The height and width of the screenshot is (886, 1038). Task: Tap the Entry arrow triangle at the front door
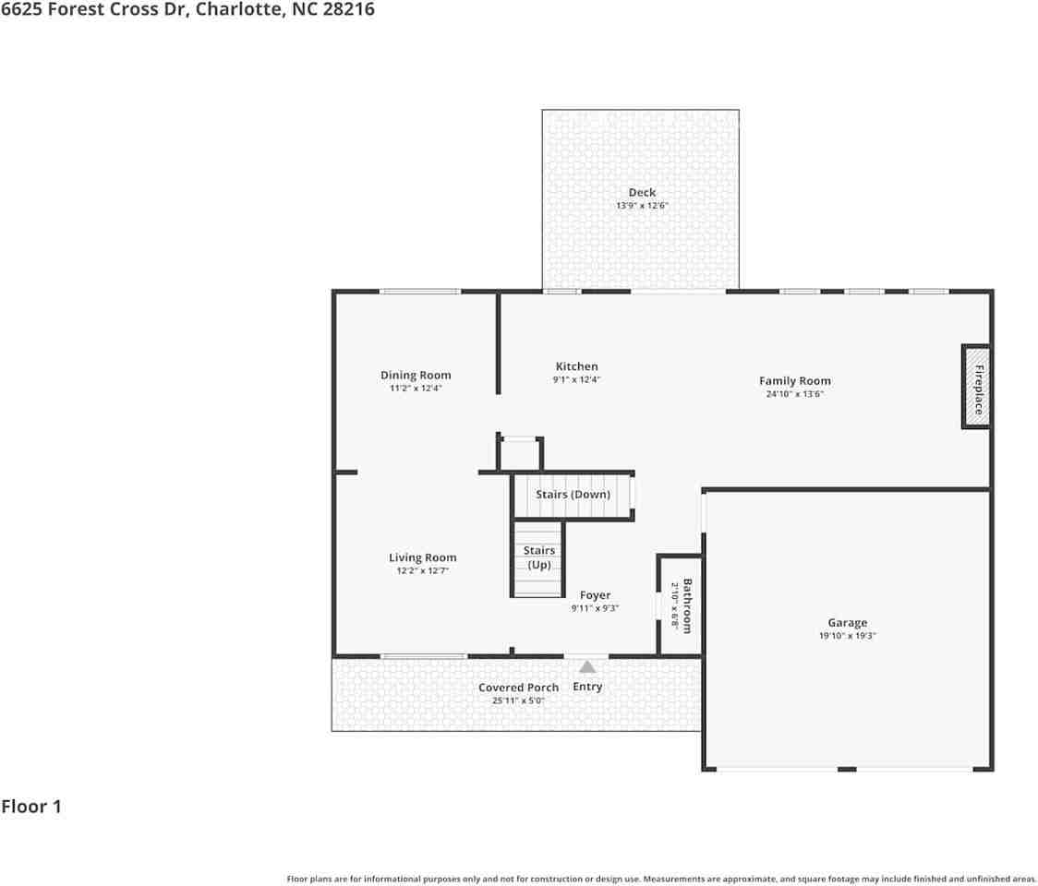587,666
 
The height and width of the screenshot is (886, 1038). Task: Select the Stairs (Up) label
539,557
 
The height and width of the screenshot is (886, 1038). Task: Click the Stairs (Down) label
573,495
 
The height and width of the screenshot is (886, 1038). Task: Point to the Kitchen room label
576,366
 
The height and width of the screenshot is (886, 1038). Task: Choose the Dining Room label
416,375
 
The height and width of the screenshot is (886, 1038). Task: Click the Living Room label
422,557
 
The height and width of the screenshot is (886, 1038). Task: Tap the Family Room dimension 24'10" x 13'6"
794,394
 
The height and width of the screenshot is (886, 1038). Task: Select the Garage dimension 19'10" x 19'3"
847,636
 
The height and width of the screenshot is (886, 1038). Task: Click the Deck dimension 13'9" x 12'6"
642,206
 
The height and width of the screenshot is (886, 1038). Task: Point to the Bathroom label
687,605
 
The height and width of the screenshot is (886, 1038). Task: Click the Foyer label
595,595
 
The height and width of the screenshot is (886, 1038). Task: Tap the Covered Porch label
518,688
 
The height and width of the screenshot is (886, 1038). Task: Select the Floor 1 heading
31,807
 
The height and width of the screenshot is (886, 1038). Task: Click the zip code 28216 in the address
348,10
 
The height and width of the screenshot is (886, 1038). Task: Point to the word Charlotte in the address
238,10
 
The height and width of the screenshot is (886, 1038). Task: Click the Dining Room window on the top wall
419,292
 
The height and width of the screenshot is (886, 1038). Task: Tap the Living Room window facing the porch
423,656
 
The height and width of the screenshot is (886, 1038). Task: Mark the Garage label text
847,623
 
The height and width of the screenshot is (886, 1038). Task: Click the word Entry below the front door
587,687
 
